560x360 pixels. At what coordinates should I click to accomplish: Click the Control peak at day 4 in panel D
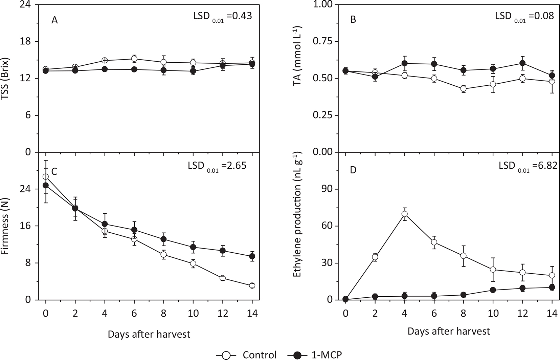click(x=404, y=214)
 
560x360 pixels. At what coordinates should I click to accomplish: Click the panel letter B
click(x=353, y=20)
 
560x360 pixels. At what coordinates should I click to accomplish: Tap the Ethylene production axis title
click(x=298, y=226)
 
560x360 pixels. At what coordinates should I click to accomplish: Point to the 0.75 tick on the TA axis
click(x=322, y=42)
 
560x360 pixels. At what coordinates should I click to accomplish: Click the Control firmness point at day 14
click(x=252, y=285)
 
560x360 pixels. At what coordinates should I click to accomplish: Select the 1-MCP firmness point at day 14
click(x=252, y=256)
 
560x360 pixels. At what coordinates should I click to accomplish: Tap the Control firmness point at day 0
click(x=46, y=177)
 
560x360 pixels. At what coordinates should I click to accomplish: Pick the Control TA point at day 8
click(x=463, y=89)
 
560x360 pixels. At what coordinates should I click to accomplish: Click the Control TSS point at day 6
click(x=134, y=59)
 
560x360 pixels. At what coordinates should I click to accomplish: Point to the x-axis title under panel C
click(x=149, y=334)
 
